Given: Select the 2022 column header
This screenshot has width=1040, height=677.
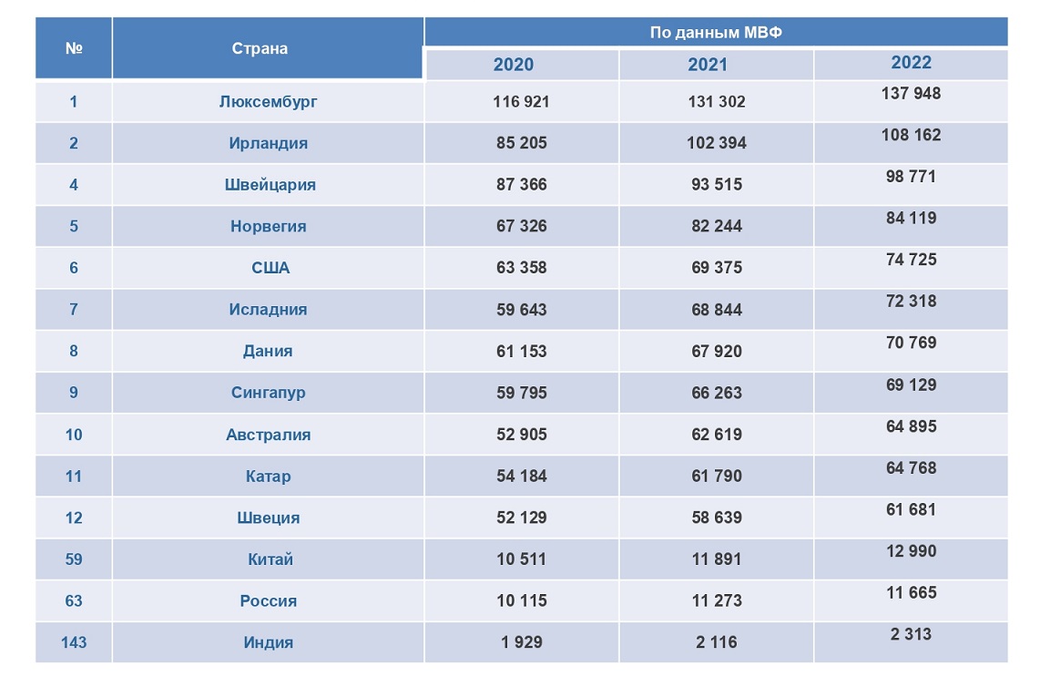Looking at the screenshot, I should (x=911, y=62).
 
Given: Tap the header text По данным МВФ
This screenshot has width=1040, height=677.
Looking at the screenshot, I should (x=716, y=33).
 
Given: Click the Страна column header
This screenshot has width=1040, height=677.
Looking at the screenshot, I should (x=260, y=48).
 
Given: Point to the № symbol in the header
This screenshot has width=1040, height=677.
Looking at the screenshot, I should (x=74, y=48).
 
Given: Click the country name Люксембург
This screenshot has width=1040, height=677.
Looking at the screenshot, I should (x=268, y=102).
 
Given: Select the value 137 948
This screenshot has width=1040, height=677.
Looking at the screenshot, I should (x=911, y=93).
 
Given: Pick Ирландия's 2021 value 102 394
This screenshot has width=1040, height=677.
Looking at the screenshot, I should (x=717, y=143).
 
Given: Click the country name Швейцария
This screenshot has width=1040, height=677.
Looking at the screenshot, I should (x=270, y=185).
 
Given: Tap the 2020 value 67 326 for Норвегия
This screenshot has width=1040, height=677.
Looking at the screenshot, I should (x=522, y=226).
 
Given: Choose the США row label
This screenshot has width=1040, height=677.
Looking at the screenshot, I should (x=270, y=268).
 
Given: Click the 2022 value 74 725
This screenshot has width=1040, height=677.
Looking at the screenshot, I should (x=911, y=260).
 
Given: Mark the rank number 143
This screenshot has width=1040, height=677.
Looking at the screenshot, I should (x=74, y=642).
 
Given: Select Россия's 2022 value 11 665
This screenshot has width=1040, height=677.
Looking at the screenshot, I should (x=911, y=592).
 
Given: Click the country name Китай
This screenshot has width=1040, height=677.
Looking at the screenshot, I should (x=270, y=559).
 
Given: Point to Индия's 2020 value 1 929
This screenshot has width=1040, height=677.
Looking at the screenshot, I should (x=522, y=642).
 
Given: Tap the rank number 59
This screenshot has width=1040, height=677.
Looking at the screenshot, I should (x=74, y=559).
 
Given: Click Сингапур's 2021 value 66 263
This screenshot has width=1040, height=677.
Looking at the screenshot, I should (x=717, y=393).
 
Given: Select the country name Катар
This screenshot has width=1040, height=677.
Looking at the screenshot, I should (x=269, y=477).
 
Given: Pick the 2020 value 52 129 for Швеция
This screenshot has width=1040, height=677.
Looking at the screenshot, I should (x=522, y=518).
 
